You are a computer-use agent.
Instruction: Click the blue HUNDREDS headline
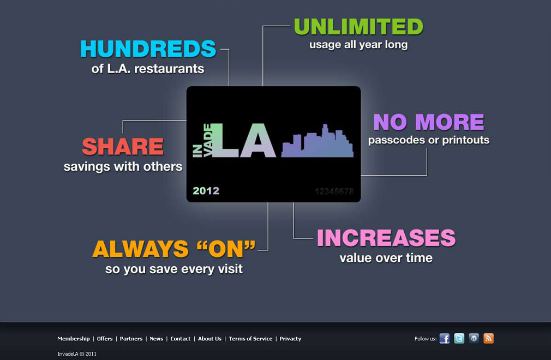148,49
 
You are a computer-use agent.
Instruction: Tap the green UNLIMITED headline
358,27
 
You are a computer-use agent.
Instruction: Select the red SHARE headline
123,147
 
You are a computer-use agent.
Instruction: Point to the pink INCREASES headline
386,238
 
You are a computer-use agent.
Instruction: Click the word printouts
465,140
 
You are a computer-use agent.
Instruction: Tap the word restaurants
169,69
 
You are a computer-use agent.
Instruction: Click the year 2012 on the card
206,191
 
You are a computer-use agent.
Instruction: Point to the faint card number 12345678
334,191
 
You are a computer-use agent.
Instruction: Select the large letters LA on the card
244,140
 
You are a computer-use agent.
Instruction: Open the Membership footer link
74,339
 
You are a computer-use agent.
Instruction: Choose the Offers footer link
105,339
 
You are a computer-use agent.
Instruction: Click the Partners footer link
131,339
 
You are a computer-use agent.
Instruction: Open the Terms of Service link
250,339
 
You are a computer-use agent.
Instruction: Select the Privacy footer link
290,339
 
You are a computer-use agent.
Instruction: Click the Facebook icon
445,339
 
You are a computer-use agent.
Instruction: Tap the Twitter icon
459,339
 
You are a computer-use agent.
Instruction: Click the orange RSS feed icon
488,339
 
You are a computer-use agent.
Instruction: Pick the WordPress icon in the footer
474,339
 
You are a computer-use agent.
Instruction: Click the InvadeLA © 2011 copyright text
76,354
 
